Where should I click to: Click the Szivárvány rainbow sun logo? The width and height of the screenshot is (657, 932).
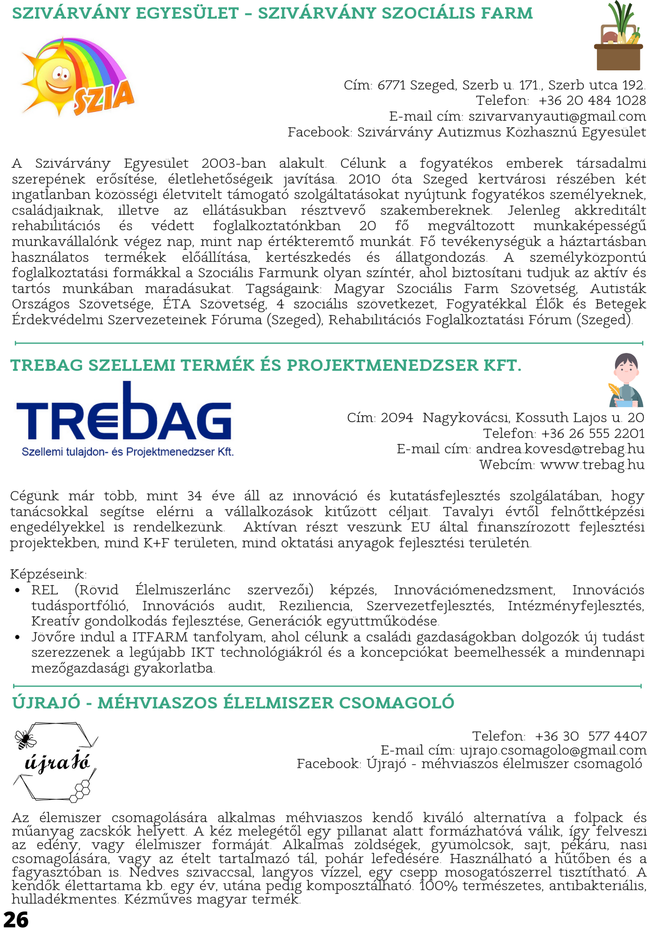(77, 77)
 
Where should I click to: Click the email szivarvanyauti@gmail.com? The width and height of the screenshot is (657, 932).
(557, 116)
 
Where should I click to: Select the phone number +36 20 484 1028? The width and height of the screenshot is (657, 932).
(592, 100)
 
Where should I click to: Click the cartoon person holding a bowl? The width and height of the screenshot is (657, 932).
(626, 380)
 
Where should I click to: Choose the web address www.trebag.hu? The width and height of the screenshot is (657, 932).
(592, 465)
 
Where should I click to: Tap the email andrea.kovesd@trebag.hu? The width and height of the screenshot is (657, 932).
(560, 449)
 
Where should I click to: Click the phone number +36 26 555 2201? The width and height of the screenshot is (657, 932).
(592, 433)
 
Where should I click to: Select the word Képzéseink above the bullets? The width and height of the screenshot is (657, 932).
(48, 574)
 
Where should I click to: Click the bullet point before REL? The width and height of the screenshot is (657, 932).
(18, 590)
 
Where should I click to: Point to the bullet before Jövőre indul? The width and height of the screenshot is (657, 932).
(18, 637)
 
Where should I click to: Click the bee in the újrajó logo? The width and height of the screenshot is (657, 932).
(25, 739)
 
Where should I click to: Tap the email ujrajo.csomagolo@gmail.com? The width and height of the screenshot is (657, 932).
(553, 750)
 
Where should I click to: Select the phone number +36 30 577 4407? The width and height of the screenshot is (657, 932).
(590, 736)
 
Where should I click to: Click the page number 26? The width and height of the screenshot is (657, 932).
(16, 919)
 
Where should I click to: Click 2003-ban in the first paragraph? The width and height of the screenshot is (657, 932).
(234, 164)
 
